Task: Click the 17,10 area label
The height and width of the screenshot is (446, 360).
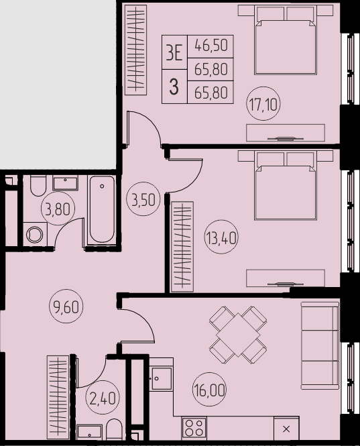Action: (263, 104)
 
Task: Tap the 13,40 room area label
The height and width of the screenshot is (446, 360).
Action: (221, 237)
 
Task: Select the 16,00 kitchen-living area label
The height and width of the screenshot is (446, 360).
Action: (210, 390)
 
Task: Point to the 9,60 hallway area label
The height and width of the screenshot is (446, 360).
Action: (66, 306)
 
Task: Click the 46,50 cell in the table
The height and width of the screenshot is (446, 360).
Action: (211, 47)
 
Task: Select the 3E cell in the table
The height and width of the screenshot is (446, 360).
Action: (174, 52)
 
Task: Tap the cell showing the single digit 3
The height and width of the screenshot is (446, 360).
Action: (174, 87)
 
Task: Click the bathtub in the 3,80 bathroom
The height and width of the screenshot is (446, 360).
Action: (102, 210)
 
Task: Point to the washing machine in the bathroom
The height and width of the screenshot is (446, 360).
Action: (35, 234)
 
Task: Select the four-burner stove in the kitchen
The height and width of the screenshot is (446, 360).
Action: (194, 429)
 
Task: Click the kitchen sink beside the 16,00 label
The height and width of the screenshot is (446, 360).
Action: (162, 378)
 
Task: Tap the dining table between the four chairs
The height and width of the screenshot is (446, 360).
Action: (238, 335)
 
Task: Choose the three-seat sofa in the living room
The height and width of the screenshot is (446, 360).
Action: (320, 346)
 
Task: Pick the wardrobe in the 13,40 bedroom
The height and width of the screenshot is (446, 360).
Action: (182, 247)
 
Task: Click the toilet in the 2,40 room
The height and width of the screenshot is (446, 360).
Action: (115, 429)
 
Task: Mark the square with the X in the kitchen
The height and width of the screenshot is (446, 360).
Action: (286, 429)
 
